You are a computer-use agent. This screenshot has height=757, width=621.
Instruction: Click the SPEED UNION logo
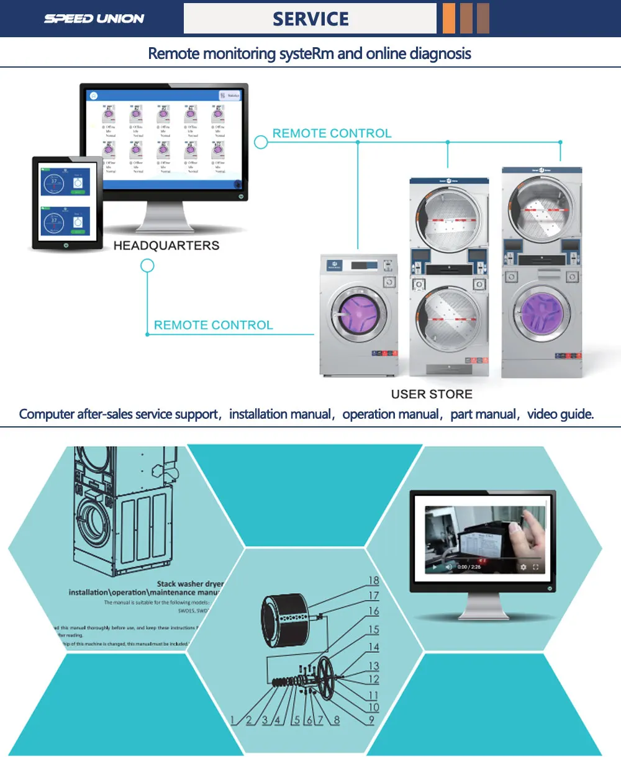click(x=94, y=19)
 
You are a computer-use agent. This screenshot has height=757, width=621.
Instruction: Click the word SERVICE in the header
click(x=310, y=19)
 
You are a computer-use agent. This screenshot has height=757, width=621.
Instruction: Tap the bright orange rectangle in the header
click(x=448, y=19)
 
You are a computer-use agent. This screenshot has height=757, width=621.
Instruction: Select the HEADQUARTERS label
click(x=166, y=246)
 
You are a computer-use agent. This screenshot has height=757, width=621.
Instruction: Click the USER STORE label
click(x=432, y=394)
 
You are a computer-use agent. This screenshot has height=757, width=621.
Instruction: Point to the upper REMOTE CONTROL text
click(x=332, y=133)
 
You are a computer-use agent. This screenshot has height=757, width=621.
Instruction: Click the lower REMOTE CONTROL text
click(x=213, y=325)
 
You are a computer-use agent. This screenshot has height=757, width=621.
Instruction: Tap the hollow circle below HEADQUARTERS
click(x=147, y=266)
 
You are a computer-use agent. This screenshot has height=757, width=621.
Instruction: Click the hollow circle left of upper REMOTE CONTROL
click(x=261, y=142)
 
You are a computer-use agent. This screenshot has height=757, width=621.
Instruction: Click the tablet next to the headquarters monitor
click(x=67, y=204)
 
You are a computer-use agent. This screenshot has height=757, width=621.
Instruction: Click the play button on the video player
click(x=435, y=567)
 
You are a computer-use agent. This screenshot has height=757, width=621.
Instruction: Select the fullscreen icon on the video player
click(x=536, y=567)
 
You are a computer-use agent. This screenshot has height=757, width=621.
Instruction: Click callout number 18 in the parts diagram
click(x=373, y=581)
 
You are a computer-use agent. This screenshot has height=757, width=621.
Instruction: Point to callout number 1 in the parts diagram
click(x=233, y=720)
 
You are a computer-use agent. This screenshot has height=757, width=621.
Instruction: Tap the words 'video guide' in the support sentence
click(x=560, y=414)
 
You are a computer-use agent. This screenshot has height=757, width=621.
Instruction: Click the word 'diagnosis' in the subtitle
click(x=440, y=54)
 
